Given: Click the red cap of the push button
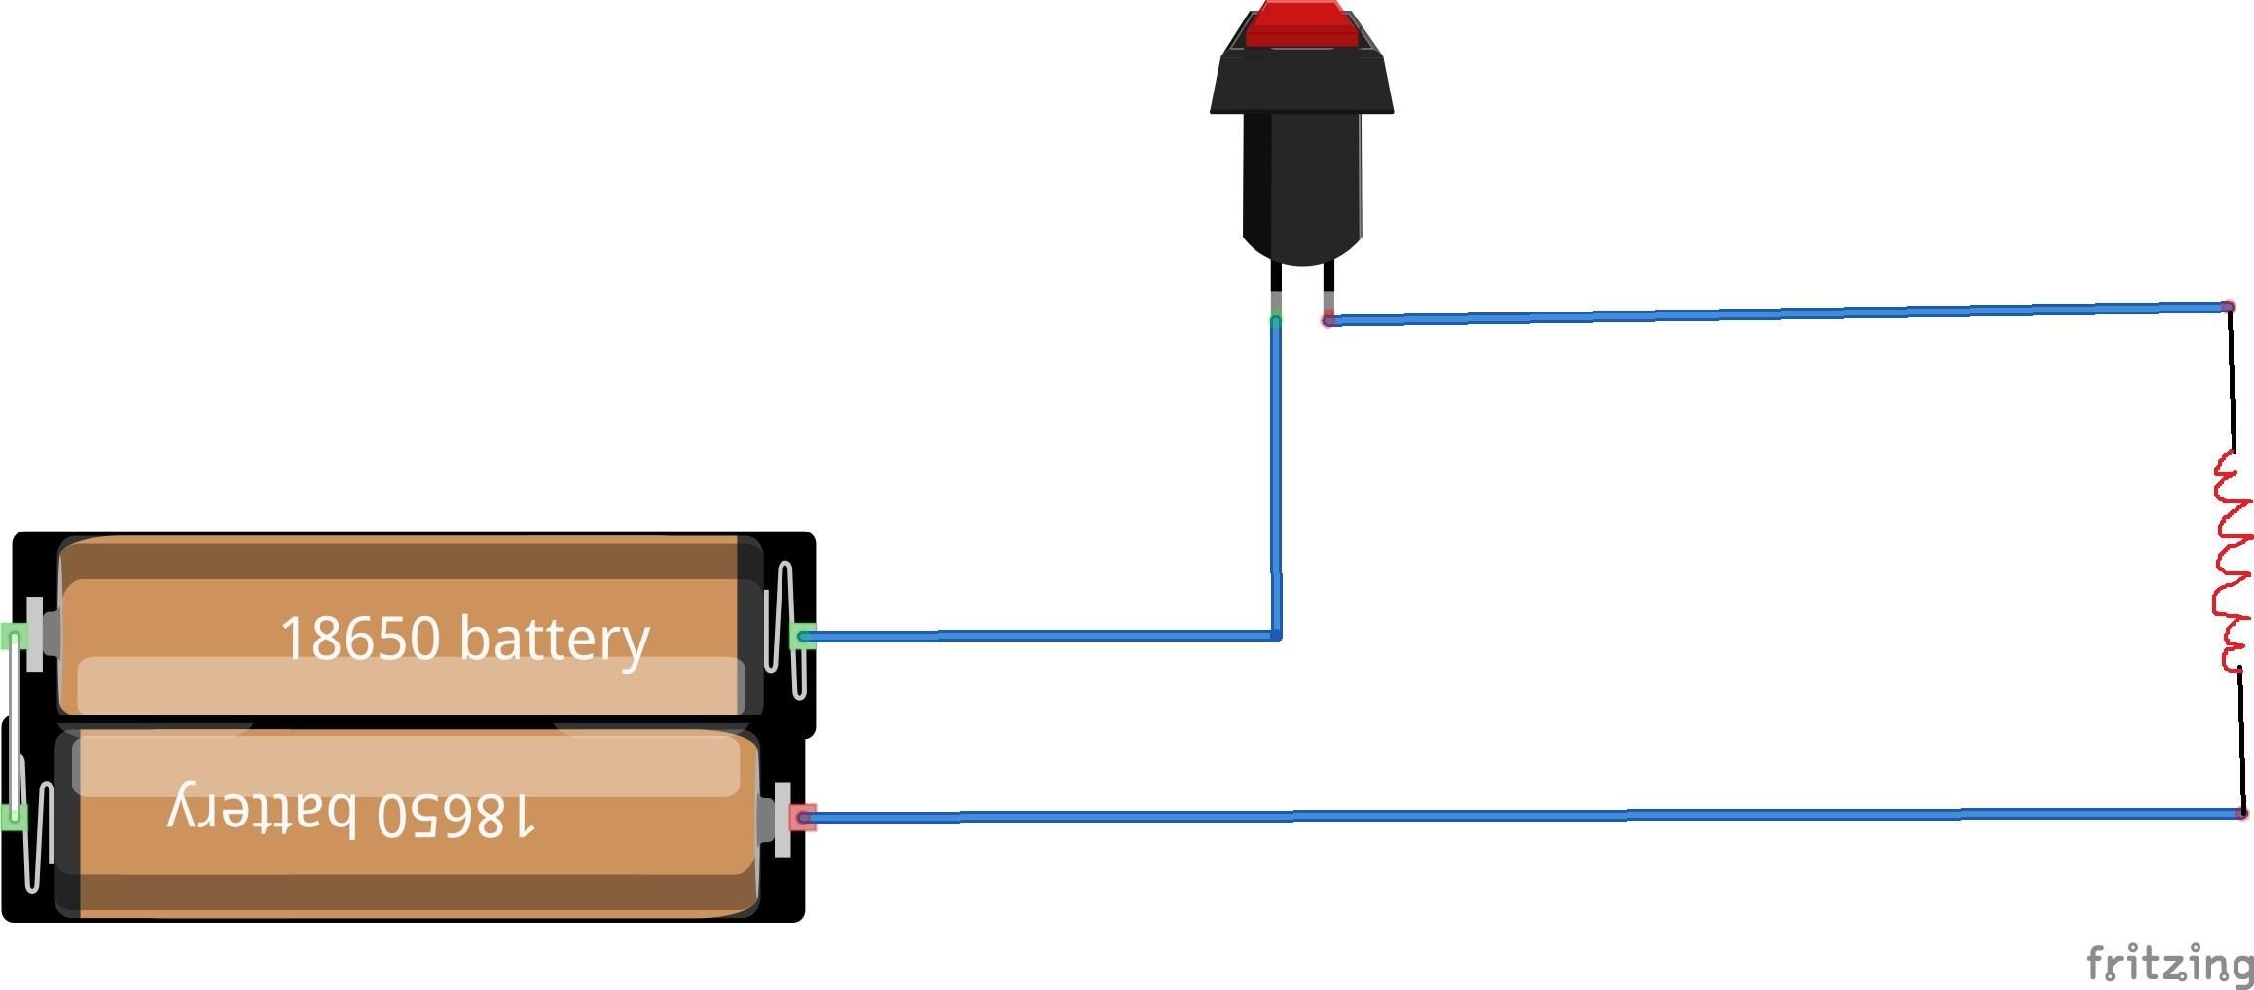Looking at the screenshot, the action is (x=1301, y=24).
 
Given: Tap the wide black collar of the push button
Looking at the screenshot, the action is (x=1302, y=82).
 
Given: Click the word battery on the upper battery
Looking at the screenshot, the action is (x=554, y=641).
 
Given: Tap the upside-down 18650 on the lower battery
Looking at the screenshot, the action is (x=455, y=814).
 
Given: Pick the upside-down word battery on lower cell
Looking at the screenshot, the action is (x=262, y=808).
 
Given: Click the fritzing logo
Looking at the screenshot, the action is (x=2169, y=964).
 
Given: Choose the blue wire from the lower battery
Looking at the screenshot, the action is (x=1521, y=816).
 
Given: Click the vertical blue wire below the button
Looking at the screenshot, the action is (x=1276, y=477).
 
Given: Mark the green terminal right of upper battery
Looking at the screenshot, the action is (x=802, y=637).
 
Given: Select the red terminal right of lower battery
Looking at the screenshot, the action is (x=802, y=818).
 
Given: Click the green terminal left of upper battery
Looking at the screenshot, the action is (x=14, y=638).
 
